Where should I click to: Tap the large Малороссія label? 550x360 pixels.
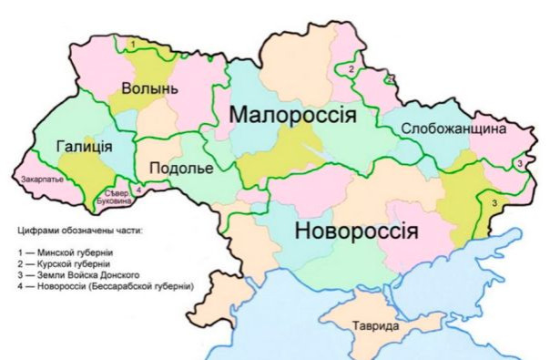click(290, 116)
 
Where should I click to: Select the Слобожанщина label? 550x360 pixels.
click(453, 129)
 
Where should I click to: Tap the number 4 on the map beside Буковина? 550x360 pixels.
click(137, 190)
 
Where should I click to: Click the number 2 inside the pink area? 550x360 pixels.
click(351, 68)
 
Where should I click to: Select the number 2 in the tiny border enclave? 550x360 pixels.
click(390, 79)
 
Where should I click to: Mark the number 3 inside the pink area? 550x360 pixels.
click(519, 163)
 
